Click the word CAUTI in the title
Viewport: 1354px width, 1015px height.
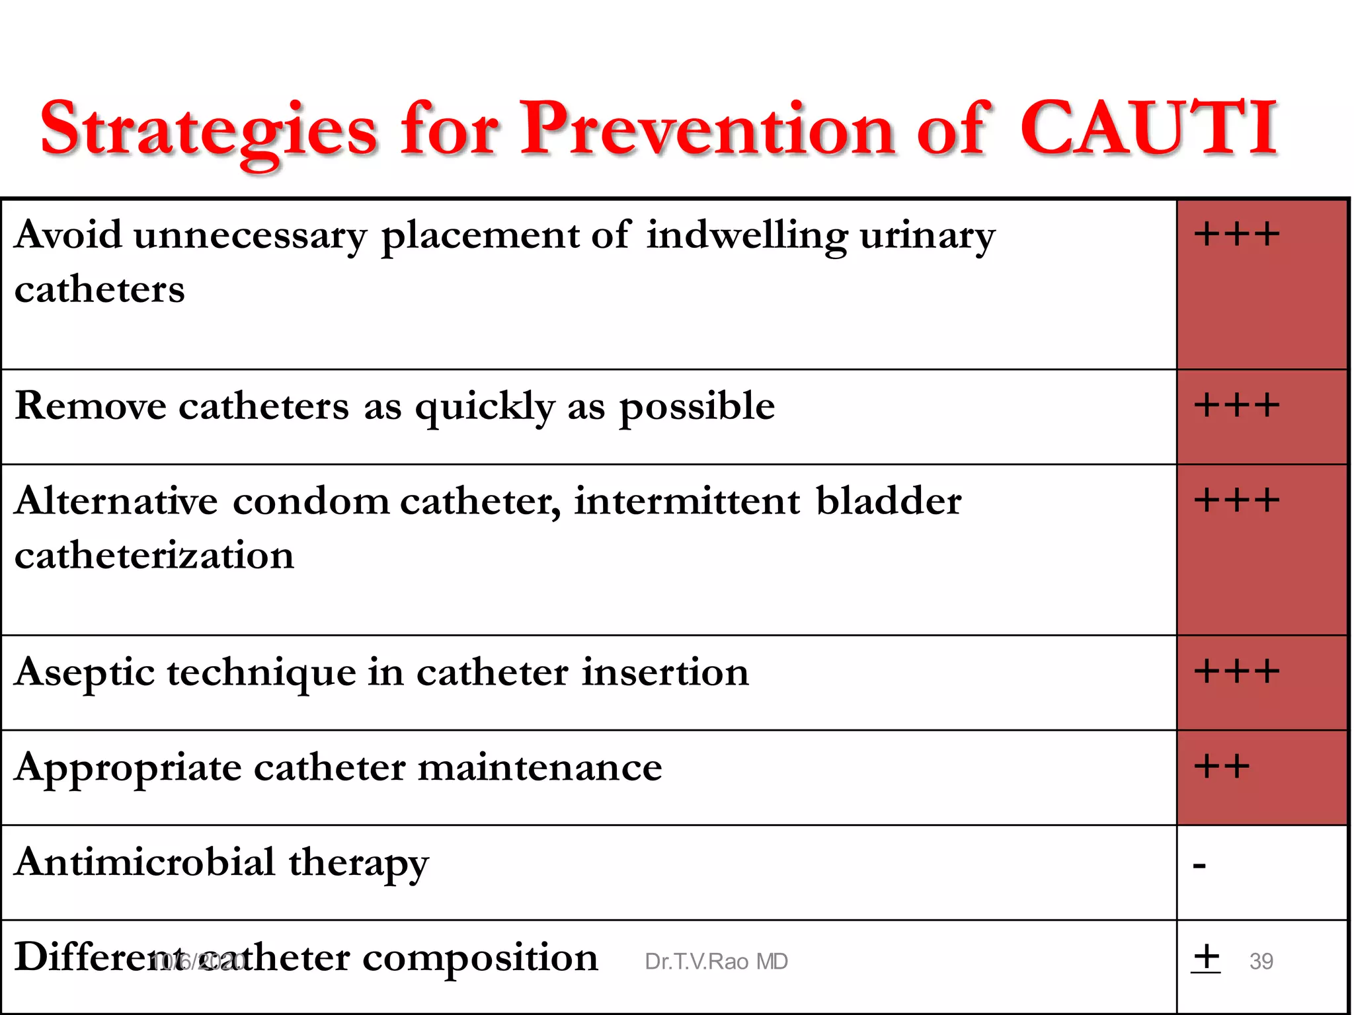coord(1148,128)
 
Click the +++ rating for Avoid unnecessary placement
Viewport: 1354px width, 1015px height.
coord(1236,234)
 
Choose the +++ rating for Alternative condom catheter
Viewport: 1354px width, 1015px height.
coord(1236,500)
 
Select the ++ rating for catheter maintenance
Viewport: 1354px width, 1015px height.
coord(1222,767)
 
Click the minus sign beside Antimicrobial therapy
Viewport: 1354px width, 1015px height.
coord(1200,865)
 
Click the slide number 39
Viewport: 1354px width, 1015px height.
coord(1261,961)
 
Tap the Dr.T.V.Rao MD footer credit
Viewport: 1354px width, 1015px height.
coord(716,961)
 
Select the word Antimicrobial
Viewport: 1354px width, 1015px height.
coord(145,862)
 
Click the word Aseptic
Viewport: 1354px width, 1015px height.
coord(84,673)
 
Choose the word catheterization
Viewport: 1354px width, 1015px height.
coord(154,555)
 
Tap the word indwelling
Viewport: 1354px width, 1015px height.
coord(746,235)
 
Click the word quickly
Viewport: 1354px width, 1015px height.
coord(485,407)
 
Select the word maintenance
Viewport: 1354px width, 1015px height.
coord(539,768)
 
